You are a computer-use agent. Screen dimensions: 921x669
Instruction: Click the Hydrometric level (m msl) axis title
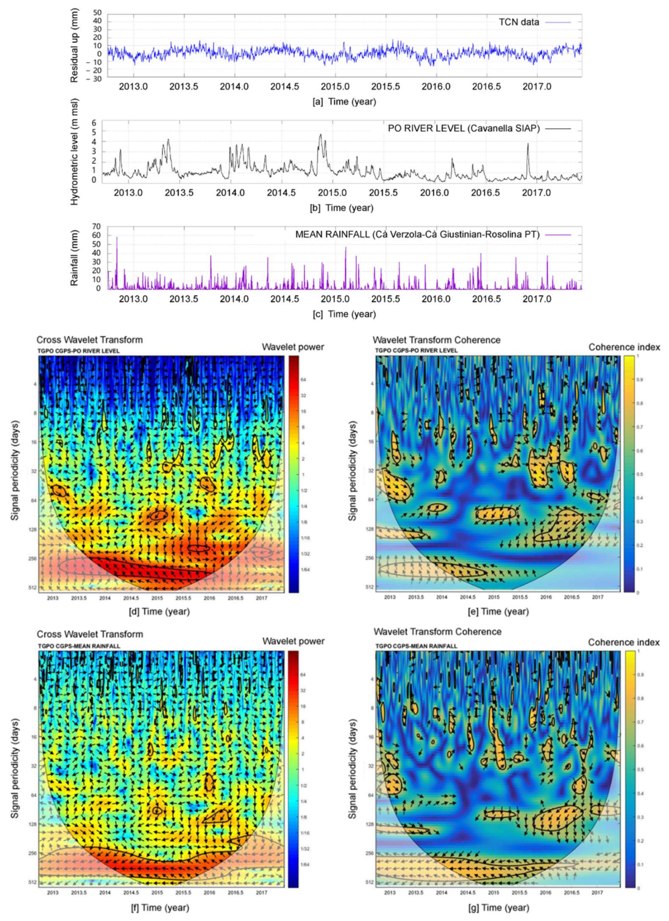[74, 152]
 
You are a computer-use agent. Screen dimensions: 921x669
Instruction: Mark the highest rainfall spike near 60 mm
[117, 237]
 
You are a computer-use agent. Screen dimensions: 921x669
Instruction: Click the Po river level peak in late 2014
[320, 135]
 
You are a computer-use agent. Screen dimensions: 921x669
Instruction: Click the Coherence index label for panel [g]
[624, 642]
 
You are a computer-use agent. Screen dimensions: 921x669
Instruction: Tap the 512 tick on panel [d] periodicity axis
[32, 587]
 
